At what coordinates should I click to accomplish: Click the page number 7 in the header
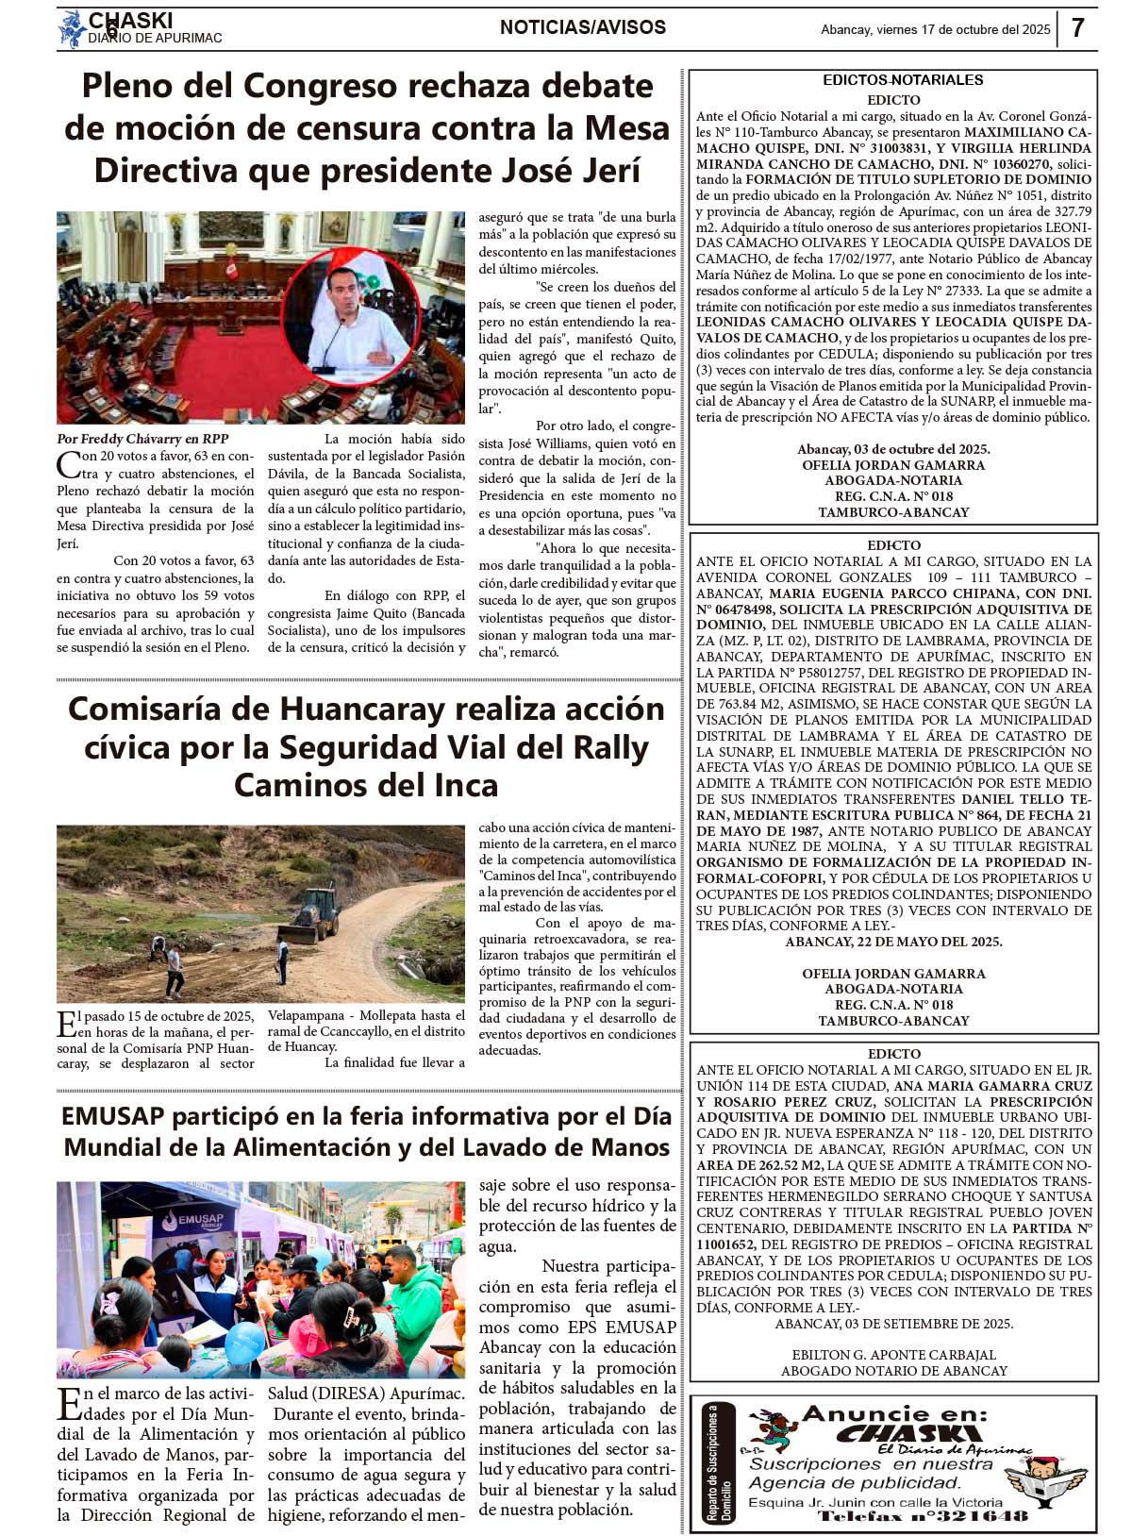1077,28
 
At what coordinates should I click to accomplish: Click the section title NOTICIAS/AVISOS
583,27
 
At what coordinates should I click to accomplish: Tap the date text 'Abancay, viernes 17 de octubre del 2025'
935,29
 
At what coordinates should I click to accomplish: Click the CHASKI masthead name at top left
130,20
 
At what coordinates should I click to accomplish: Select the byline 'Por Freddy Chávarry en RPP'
142,439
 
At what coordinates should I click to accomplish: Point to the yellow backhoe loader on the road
310,913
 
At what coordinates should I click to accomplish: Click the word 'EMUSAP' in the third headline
112,1116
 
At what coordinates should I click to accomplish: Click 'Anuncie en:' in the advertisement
894,1413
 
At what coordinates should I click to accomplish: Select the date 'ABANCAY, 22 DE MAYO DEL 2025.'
893,942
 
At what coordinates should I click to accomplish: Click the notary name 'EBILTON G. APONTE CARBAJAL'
893,1355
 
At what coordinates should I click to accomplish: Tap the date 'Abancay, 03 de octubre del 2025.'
893,449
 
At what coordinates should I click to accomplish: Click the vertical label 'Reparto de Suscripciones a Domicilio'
720,1463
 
